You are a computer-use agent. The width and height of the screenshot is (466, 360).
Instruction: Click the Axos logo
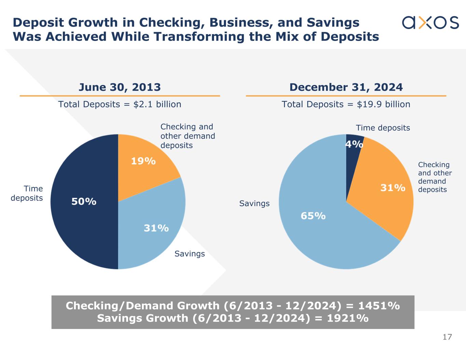click(x=430, y=23)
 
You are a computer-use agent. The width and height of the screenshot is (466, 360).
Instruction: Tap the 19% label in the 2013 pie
click(x=143, y=161)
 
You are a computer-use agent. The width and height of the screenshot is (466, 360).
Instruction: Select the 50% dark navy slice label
click(x=84, y=202)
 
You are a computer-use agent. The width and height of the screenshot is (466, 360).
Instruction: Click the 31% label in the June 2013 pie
click(x=156, y=228)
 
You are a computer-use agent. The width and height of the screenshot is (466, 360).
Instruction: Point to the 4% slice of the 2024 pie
click(x=353, y=144)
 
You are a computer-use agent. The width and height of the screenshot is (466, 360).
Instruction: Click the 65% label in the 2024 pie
click(x=313, y=216)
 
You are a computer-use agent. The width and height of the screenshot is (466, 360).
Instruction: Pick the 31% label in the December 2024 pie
click(x=393, y=188)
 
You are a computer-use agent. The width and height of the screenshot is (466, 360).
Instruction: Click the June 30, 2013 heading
click(x=119, y=87)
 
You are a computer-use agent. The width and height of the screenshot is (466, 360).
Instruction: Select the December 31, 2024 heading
click(x=346, y=87)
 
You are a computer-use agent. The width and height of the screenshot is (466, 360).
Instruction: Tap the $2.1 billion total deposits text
click(x=157, y=104)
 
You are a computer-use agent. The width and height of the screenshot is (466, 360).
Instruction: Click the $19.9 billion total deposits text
click(x=383, y=104)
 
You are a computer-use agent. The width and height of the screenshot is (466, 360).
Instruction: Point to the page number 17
click(x=447, y=337)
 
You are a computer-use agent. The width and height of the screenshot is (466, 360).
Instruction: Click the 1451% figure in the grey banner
click(x=379, y=306)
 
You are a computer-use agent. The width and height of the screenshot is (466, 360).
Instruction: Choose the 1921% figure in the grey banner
click(x=348, y=318)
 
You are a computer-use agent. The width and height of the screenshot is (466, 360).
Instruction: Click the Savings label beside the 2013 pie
click(x=189, y=254)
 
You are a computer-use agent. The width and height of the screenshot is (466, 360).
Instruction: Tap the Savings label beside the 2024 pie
click(x=254, y=203)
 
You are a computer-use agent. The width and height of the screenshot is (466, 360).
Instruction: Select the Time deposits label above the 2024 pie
click(x=383, y=128)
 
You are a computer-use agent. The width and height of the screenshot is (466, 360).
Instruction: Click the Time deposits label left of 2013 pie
click(x=27, y=193)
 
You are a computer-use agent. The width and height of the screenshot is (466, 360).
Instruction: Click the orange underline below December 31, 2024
click(x=346, y=96)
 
